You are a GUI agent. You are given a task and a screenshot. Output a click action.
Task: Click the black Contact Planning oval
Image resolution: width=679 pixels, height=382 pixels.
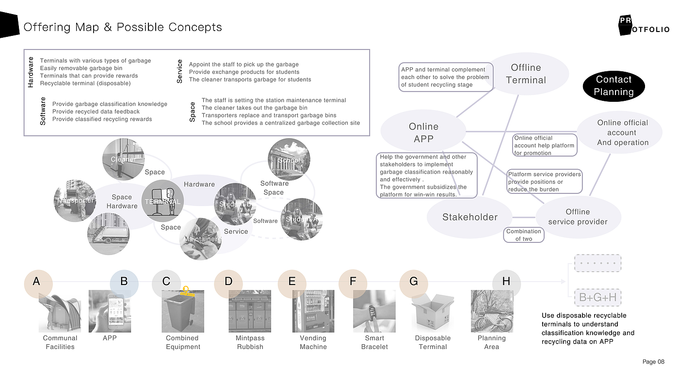pyautogui.click(x=614, y=86)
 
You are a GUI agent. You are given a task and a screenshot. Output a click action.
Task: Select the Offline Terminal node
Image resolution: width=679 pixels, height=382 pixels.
pyautogui.click(x=526, y=74)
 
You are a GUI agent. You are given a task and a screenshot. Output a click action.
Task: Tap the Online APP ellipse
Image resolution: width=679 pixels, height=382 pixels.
pyautogui.click(x=423, y=132)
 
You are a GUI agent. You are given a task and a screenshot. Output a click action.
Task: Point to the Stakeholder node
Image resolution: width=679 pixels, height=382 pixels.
pyautogui.click(x=469, y=217)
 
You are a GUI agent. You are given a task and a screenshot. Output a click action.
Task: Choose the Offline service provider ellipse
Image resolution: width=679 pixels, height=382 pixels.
pyautogui.click(x=578, y=217)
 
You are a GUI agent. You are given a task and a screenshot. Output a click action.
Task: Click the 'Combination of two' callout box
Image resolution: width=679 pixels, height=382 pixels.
pyautogui.click(x=524, y=235)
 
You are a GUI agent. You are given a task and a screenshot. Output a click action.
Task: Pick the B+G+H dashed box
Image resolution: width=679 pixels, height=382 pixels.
pyautogui.click(x=598, y=297)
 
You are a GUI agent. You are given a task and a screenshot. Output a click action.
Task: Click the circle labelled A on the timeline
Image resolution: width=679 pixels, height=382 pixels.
pyautogui.click(x=36, y=282)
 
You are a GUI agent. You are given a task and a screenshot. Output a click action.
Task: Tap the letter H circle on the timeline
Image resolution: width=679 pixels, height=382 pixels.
pyautogui.click(x=506, y=282)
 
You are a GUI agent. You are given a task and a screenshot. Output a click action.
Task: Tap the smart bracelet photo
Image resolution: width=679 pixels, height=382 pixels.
pyautogui.click(x=374, y=311)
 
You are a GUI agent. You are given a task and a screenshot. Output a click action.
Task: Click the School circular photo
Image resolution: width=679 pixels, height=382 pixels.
pyautogui.click(x=289, y=159)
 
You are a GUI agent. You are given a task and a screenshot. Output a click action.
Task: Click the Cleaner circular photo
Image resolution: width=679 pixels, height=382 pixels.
pyautogui.click(x=123, y=159)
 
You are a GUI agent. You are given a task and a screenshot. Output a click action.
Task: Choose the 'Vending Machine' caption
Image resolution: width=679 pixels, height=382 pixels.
pyautogui.click(x=313, y=342)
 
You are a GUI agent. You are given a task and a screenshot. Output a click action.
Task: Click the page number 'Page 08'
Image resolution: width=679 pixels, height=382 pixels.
pyautogui.click(x=653, y=362)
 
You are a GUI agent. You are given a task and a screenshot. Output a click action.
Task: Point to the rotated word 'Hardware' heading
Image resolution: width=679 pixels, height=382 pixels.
pyautogui.click(x=31, y=72)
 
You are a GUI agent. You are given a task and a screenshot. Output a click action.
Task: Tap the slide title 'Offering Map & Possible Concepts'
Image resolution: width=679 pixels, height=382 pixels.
pyautogui.click(x=123, y=27)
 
